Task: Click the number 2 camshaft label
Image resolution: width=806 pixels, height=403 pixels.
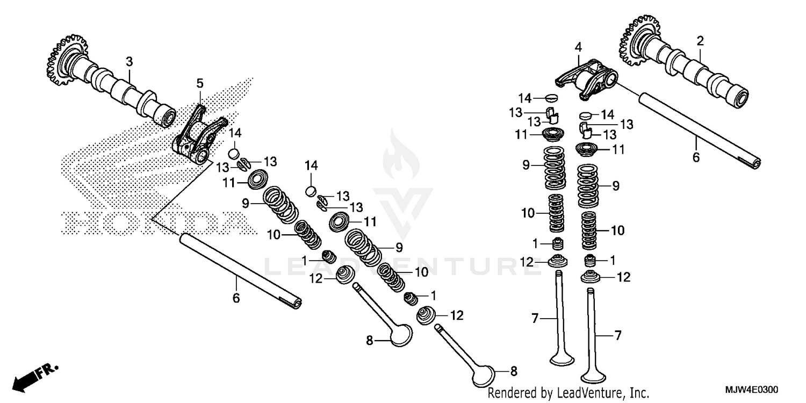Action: (700, 41)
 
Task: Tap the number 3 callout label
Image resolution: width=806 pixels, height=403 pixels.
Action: (129, 62)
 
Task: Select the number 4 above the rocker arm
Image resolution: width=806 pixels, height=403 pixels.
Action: (578, 47)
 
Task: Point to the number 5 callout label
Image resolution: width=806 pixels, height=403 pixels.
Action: (199, 83)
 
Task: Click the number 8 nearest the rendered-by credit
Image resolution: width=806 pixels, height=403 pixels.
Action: (513, 370)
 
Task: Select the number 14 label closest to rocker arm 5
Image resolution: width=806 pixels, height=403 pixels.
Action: (235, 133)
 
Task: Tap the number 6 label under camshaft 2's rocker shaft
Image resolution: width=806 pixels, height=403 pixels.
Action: (696, 157)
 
